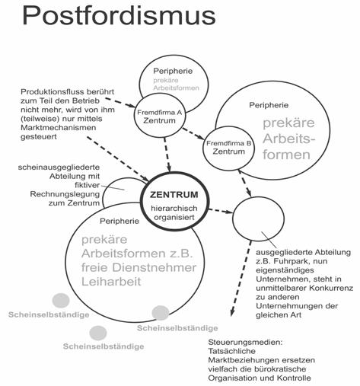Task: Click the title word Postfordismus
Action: [119, 16]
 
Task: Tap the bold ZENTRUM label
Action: [174, 195]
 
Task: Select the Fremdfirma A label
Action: [160, 113]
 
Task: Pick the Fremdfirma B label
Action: [229, 143]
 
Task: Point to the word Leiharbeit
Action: [111, 282]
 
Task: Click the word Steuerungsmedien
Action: [245, 342]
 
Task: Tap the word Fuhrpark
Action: [287, 261]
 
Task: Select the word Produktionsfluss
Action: [52, 91]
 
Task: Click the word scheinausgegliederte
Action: [59, 167]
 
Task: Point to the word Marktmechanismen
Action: [59, 128]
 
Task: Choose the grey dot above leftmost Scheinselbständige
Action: [61, 301]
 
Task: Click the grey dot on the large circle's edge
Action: [161, 313]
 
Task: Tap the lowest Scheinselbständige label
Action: [104, 346]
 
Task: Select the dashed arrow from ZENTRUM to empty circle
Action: [221, 211]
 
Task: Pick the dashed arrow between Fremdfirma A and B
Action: [193, 133]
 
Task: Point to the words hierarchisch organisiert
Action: [174, 212]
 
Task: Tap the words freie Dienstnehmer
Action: [139, 268]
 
